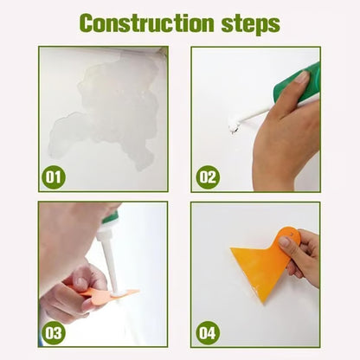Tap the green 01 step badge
tap(54, 178)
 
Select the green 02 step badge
tap(207, 178)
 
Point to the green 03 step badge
tap(54, 332)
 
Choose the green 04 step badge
tap(207, 332)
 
